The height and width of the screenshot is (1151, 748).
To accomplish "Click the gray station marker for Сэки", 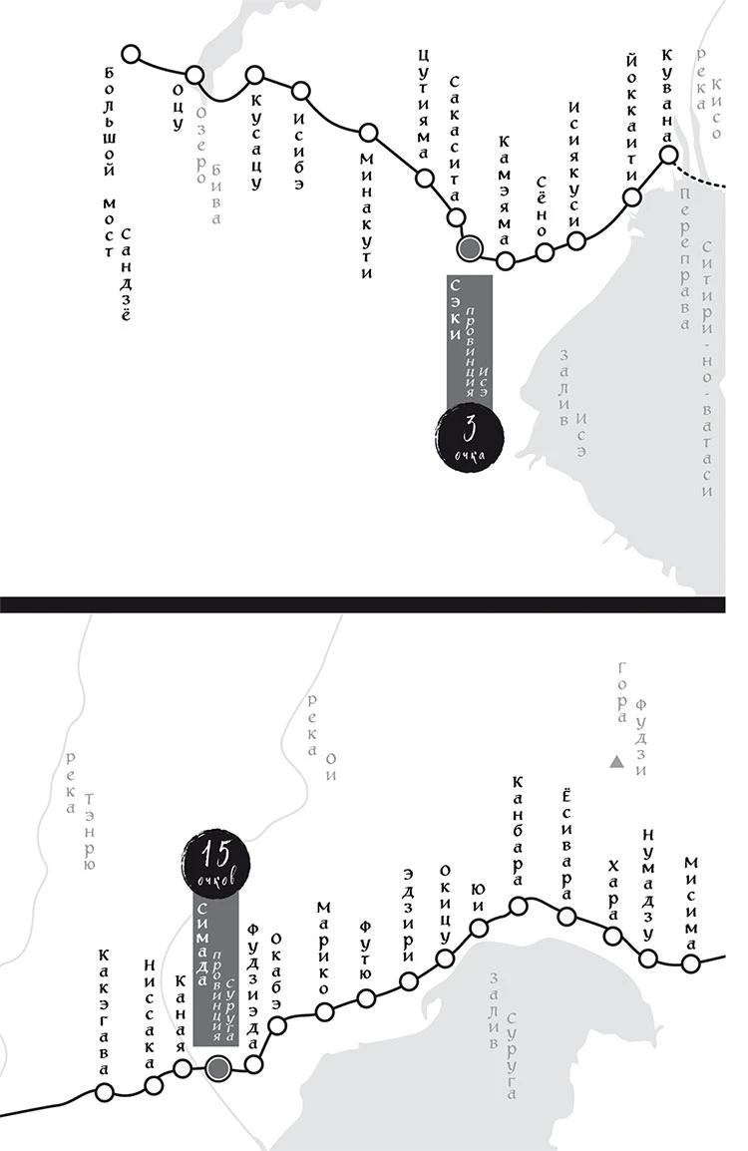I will pos(469,247).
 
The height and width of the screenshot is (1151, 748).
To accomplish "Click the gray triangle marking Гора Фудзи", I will pos(617,764).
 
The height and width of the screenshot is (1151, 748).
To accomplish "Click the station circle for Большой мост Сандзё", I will pos(130,55).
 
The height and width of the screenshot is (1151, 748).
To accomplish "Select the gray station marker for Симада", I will pos(218,1069).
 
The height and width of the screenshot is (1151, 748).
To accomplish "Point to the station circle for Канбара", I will pos(519,906).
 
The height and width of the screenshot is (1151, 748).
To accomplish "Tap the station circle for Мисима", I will pos(690,963).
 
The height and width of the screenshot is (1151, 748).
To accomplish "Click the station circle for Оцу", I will pos(195,75).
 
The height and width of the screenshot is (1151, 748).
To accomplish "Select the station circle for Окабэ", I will pos(278,1023).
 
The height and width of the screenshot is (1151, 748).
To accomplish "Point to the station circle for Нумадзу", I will pos(648,959).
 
